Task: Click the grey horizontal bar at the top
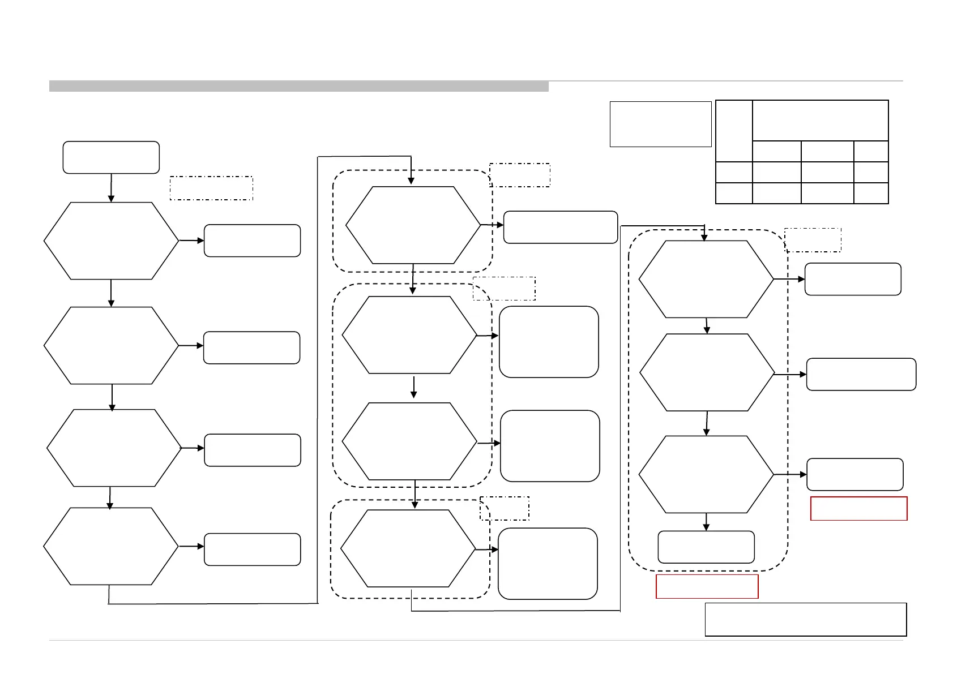tap(298, 86)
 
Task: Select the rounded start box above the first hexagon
tap(111, 157)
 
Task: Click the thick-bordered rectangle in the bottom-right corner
tap(805, 619)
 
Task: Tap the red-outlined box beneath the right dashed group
tap(707, 586)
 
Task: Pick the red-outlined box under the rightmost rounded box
tap(858, 508)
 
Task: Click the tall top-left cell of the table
tap(734, 131)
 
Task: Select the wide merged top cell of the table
tap(820, 121)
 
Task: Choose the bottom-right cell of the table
tap(871, 193)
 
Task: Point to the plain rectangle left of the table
tap(660, 124)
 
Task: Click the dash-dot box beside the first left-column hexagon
tap(211, 188)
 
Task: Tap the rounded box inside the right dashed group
tap(706, 547)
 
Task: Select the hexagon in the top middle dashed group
tap(413, 225)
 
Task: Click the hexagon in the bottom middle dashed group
tap(408, 548)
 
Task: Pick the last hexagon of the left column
tap(111, 546)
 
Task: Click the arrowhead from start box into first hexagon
tap(111, 198)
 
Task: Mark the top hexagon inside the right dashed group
tap(706, 279)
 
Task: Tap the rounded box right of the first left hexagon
tap(252, 241)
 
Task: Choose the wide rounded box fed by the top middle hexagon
tap(560, 227)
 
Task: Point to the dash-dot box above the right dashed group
tap(813, 239)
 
